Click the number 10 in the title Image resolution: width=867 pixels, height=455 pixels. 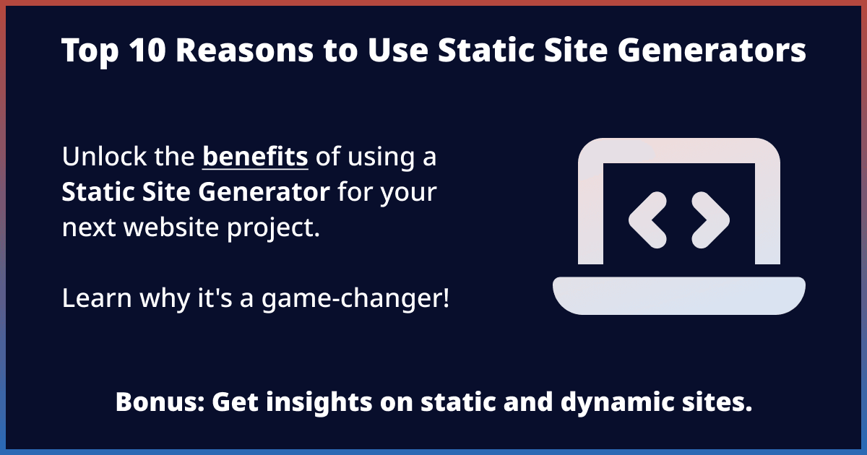[126, 51]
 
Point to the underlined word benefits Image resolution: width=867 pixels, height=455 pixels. [255, 157]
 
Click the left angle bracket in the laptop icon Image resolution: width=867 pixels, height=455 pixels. [647, 218]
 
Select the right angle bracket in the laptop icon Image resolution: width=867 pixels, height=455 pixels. [711, 218]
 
